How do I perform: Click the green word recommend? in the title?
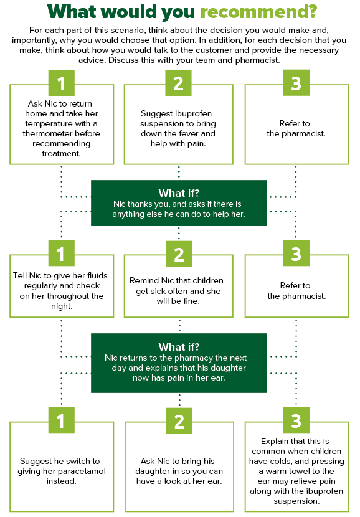point(258,12)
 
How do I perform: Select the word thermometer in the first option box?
point(61,133)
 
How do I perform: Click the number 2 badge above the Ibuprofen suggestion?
point(178,83)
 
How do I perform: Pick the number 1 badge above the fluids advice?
point(61,253)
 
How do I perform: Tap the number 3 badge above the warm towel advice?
point(296,420)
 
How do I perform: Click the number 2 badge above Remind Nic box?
point(179,254)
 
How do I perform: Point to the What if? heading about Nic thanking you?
point(179,193)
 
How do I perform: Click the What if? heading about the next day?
point(179,347)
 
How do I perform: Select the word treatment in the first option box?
point(61,154)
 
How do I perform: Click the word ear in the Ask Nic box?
point(216,481)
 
